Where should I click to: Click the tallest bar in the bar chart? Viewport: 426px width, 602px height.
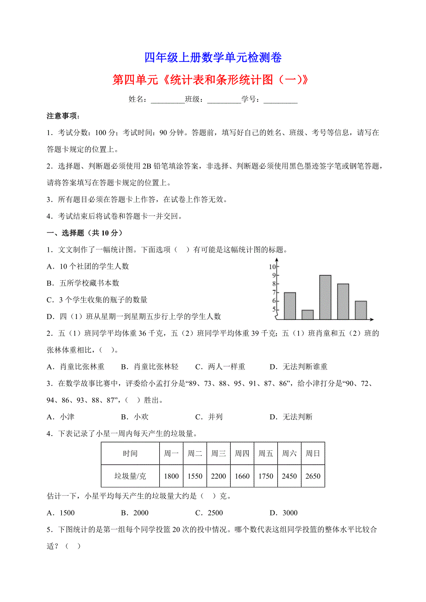click(x=325, y=297)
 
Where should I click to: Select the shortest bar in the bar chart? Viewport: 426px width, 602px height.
click(x=307, y=314)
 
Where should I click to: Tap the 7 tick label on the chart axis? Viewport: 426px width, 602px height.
click(x=274, y=292)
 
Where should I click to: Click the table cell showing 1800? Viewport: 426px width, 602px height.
click(x=171, y=476)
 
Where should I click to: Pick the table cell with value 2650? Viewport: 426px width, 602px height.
click(x=313, y=476)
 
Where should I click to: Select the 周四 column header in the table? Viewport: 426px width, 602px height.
click(x=242, y=454)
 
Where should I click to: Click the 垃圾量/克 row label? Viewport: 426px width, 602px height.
click(x=130, y=476)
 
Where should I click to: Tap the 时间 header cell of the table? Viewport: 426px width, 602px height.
click(x=130, y=454)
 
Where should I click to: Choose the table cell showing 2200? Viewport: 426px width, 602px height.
click(x=218, y=476)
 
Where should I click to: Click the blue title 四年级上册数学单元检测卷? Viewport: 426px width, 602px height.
click(x=213, y=58)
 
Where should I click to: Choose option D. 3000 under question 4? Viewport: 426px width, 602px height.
click(x=284, y=513)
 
